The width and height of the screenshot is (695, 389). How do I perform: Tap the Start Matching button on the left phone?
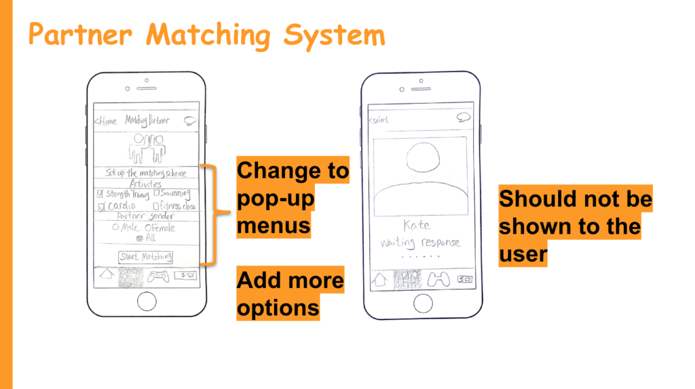point(146,257)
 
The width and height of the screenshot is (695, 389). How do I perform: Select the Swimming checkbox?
point(157,194)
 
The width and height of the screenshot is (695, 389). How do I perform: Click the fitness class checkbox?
point(156,205)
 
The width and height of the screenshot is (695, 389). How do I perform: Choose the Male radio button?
point(115,228)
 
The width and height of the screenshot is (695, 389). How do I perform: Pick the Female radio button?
point(147,228)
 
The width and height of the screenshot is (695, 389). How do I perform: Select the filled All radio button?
point(139,239)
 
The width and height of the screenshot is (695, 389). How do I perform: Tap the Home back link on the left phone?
point(107,121)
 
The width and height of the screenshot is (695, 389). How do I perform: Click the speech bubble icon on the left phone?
point(190,121)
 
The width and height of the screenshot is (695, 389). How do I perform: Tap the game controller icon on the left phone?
point(158,277)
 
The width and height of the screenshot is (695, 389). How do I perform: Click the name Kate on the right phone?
point(417,226)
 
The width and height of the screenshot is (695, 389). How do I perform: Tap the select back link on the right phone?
point(378,120)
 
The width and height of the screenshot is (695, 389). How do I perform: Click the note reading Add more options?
point(290,293)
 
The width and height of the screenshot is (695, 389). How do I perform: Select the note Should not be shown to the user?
point(575,226)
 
